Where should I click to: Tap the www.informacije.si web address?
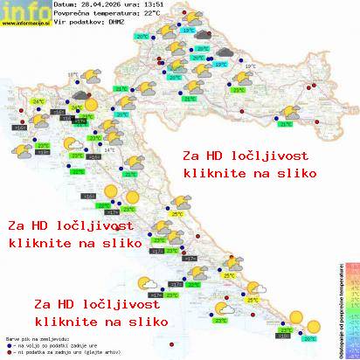click(24, 23)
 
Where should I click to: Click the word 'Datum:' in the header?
click(65, 6)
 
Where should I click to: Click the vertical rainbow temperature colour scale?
click(352, 309)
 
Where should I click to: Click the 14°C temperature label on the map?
click(110, 149)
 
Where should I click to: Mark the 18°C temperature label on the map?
click(73, 76)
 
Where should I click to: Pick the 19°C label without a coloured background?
click(251, 66)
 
